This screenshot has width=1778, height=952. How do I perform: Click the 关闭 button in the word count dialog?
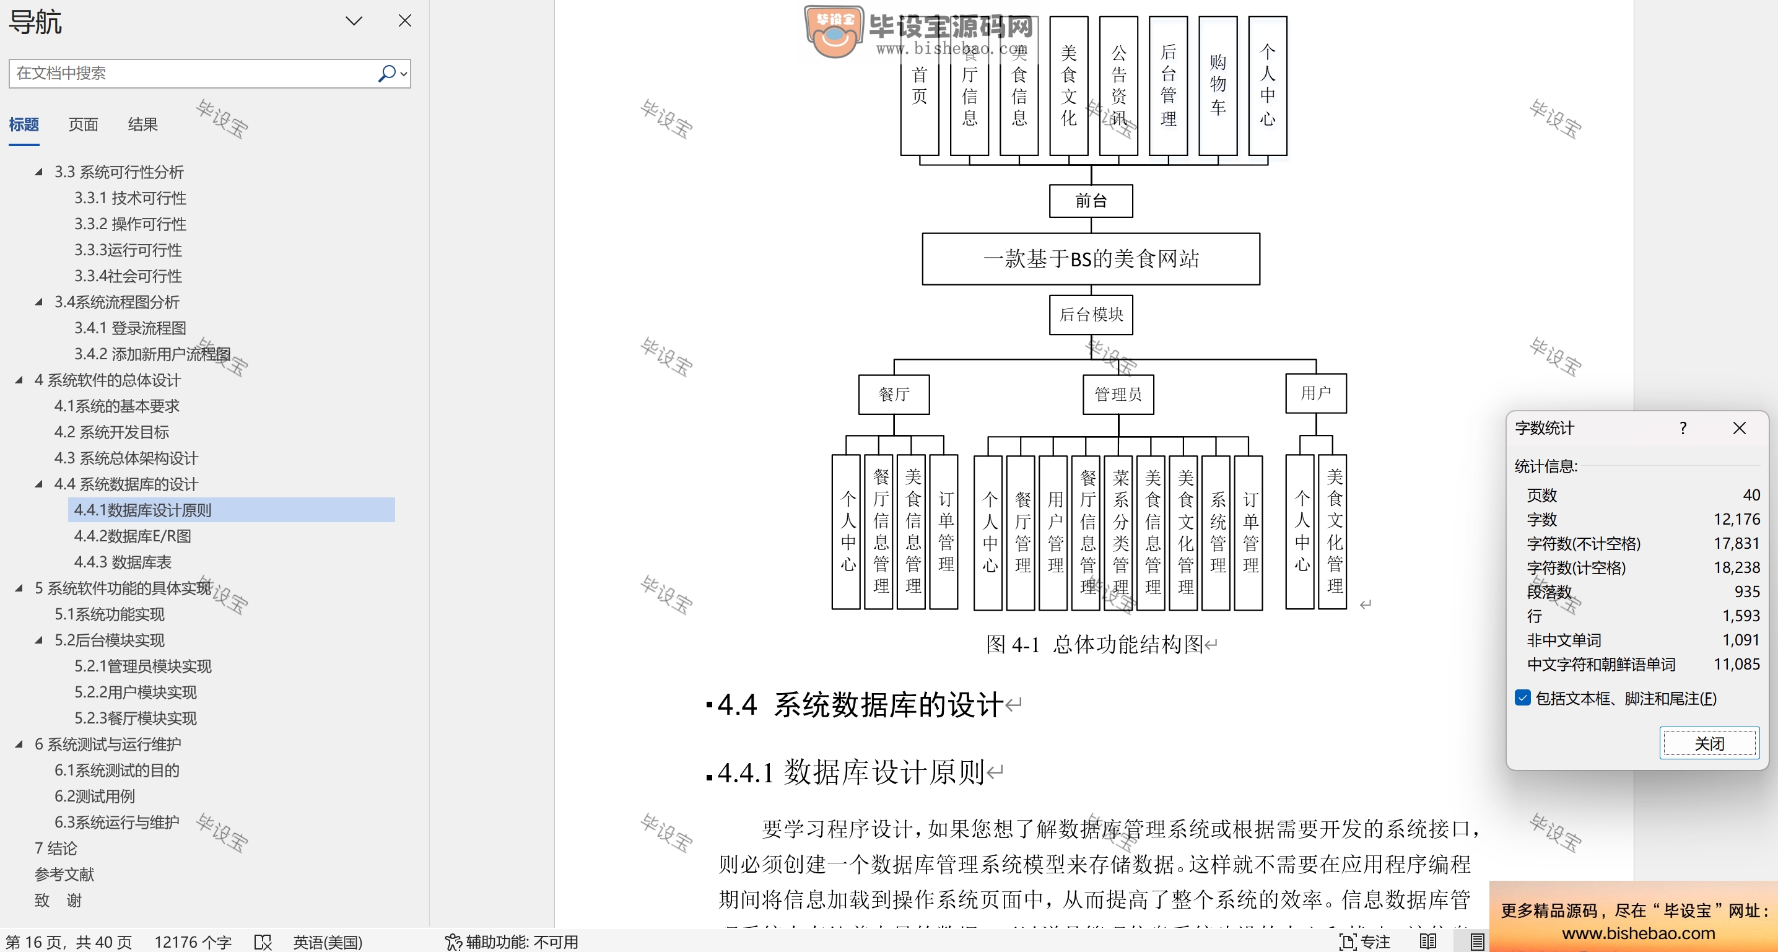1709,743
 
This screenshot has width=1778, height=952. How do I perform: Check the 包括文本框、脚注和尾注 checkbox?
1523,698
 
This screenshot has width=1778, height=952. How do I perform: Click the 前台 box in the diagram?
1091,201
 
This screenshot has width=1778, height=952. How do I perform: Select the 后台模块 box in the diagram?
1091,315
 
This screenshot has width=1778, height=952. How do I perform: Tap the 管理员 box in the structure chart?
1118,394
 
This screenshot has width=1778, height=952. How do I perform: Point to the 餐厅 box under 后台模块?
894,394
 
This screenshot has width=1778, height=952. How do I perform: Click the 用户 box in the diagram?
1315,393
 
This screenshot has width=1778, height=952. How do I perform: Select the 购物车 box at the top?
1218,85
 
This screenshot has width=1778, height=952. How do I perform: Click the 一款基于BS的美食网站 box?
1091,259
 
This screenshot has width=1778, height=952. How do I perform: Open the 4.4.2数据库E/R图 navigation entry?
133,536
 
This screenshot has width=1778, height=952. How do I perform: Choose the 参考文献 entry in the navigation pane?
64,875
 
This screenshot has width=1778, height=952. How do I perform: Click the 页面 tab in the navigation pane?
84,124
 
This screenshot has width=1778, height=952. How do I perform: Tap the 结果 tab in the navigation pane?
143,124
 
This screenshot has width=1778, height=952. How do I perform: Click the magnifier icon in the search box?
387,73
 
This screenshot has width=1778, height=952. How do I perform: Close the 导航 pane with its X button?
405,20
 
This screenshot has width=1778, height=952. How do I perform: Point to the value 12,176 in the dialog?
1737,519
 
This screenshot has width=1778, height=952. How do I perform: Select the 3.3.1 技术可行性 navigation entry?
131,198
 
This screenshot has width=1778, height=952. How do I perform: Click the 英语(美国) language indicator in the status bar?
328,941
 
